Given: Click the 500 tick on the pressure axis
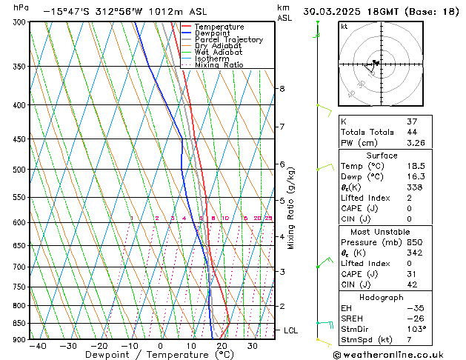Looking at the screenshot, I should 19,170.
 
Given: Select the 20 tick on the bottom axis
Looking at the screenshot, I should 222,346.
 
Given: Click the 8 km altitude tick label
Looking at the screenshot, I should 282,89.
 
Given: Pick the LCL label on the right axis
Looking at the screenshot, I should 290,330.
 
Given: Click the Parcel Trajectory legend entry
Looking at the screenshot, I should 228,39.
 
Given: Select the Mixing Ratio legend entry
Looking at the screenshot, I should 219,65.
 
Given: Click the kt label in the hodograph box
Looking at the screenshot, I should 344,26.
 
